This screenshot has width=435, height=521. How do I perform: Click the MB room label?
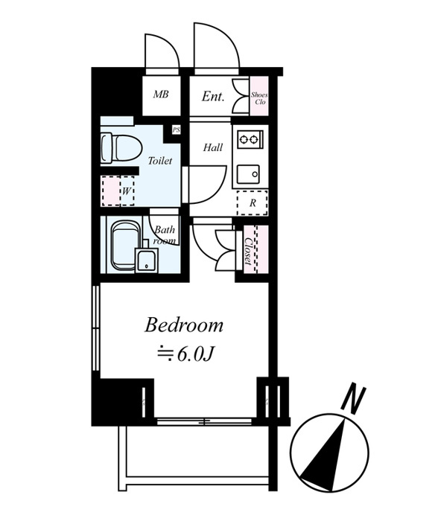[161, 95]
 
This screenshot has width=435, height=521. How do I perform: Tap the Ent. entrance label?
[213, 96]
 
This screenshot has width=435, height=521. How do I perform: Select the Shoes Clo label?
[259, 98]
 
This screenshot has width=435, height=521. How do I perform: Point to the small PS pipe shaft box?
[176, 130]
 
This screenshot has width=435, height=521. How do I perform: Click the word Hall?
[213, 147]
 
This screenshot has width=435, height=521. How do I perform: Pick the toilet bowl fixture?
[121, 148]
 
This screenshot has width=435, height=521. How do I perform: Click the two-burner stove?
[250, 138]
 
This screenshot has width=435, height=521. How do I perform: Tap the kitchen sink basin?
[249, 173]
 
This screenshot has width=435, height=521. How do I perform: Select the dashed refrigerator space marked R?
[253, 202]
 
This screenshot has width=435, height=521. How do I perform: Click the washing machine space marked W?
[118, 191]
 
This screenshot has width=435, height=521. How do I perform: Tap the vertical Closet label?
[248, 251]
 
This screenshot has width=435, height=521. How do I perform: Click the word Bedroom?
[183, 325]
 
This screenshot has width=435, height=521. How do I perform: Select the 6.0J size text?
[194, 355]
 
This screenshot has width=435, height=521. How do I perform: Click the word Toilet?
[160, 161]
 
